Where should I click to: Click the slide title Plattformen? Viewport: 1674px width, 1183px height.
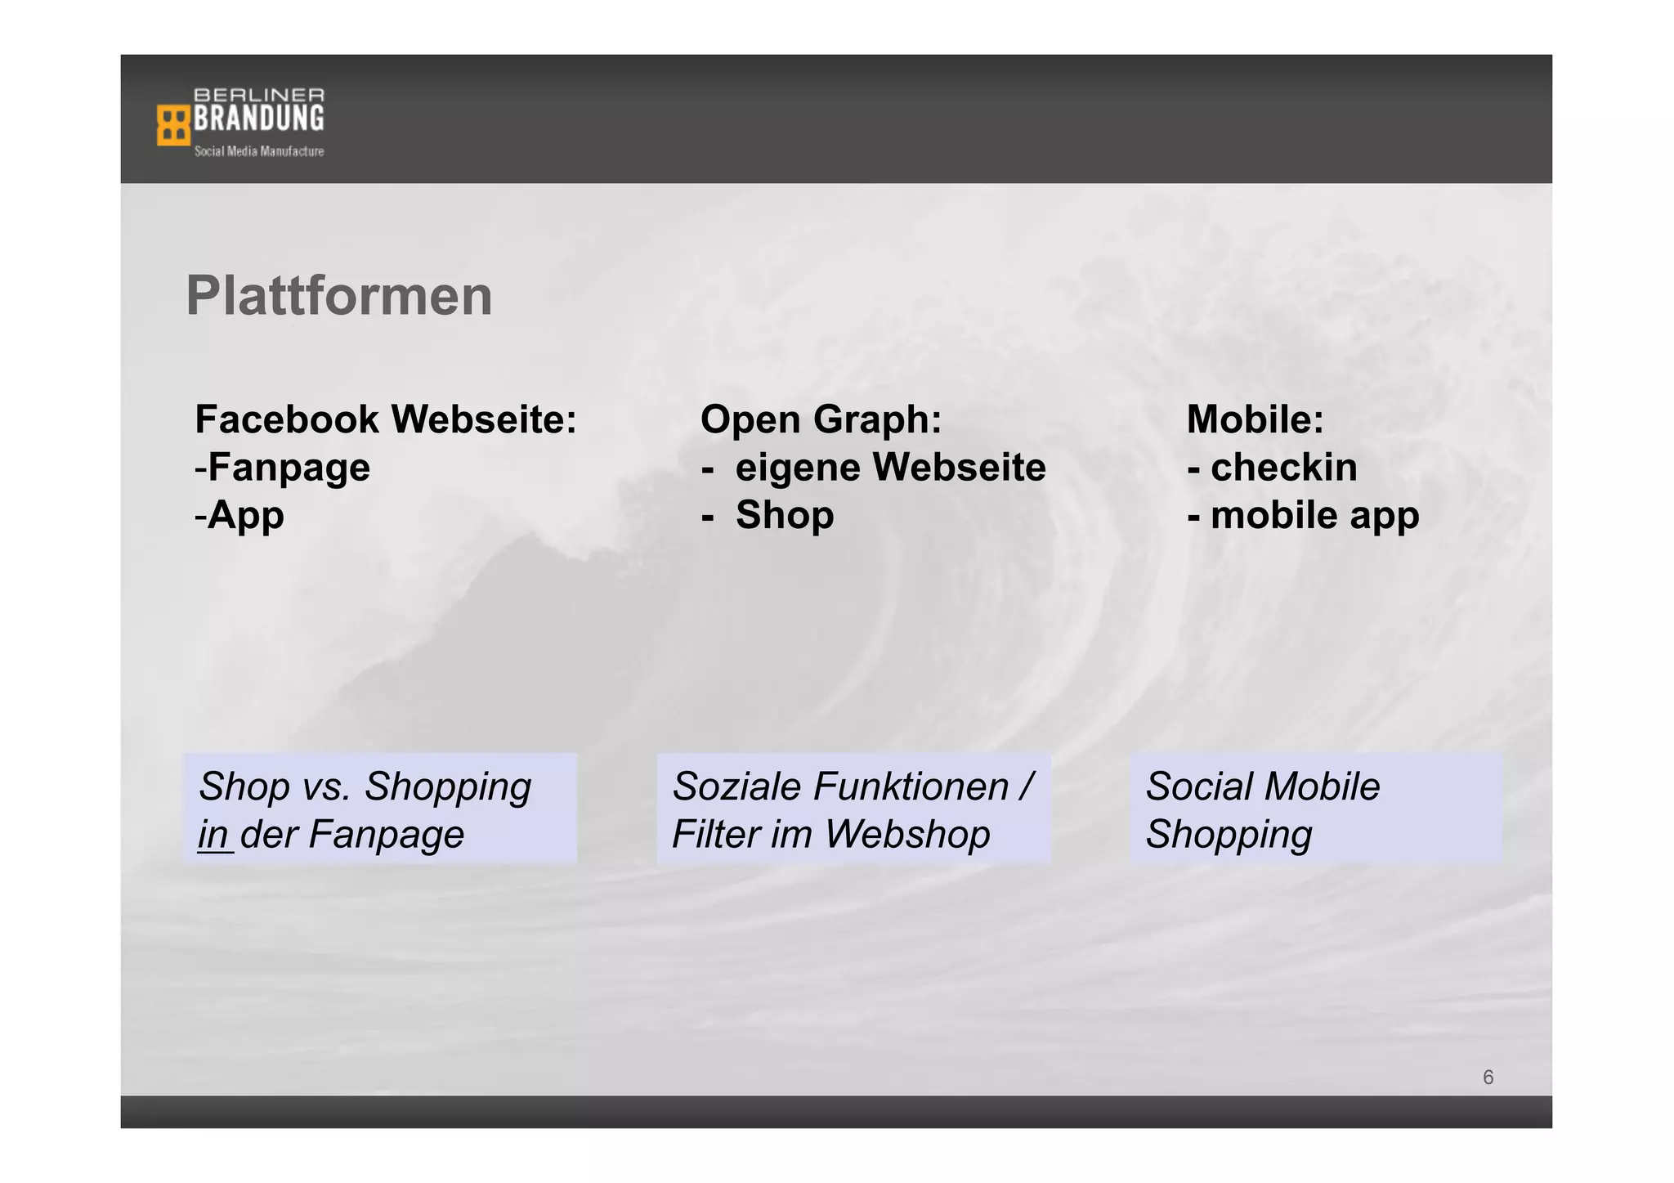[x=338, y=296]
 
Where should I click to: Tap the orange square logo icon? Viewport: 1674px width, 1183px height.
[x=172, y=125]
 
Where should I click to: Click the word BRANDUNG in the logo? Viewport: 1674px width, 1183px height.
[x=258, y=119]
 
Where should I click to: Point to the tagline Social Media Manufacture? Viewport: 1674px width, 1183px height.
[x=258, y=151]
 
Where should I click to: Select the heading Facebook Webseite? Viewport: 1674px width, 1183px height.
[x=386, y=419]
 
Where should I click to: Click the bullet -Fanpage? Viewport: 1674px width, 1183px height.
[x=283, y=468]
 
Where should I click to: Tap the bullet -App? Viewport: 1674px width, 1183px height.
[x=239, y=515]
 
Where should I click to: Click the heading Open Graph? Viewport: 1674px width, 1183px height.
[x=821, y=419]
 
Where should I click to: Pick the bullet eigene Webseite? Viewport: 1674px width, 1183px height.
[x=889, y=468]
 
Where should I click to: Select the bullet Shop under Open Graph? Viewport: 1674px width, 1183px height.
[x=784, y=515]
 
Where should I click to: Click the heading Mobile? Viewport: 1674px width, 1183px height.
[x=1255, y=419]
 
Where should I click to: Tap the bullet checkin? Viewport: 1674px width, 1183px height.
[x=1282, y=468]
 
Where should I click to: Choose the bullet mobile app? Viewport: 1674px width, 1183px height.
[x=1314, y=515]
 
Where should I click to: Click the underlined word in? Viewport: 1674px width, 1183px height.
[x=213, y=835]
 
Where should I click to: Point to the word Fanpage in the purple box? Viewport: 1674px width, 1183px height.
[x=386, y=835]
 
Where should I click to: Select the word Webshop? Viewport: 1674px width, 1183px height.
[x=906, y=835]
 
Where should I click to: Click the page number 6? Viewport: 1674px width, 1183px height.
[x=1488, y=1078]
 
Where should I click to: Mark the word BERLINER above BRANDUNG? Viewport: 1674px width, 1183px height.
[x=258, y=95]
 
